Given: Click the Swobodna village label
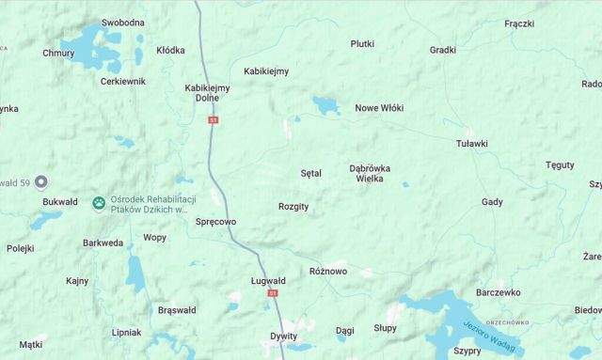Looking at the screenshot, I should click(x=123, y=23).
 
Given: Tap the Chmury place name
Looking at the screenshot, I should click(x=58, y=54).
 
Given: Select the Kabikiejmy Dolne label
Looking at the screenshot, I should click(x=207, y=92).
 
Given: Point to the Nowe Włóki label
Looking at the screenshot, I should click(x=379, y=108).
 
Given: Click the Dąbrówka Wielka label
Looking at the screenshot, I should click(x=370, y=173).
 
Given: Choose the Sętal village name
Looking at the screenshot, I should click(x=310, y=174).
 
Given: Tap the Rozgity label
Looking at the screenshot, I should click(x=293, y=207).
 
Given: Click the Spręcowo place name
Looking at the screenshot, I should click(x=215, y=222).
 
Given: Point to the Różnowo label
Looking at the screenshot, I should click(x=328, y=272).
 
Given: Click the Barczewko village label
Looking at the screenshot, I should click(x=499, y=292).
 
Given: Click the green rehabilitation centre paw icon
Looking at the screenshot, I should click(x=99, y=203).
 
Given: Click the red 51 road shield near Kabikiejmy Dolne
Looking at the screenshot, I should click(x=214, y=120).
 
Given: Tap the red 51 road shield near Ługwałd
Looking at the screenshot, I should click(x=273, y=293).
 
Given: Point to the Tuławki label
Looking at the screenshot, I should click(x=471, y=144).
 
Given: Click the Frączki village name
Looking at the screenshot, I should click(x=519, y=23).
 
